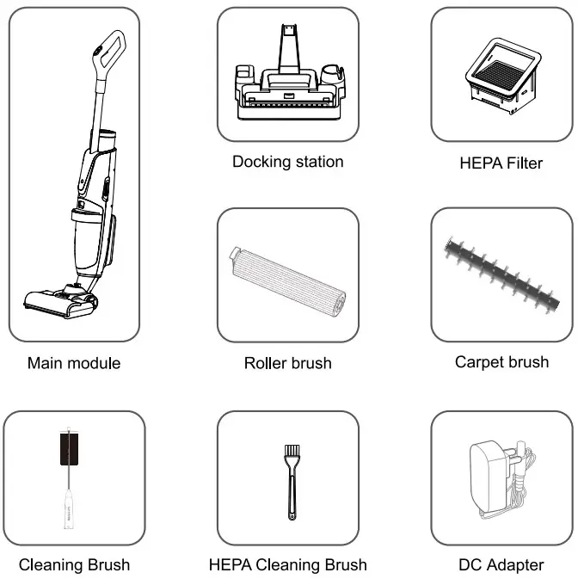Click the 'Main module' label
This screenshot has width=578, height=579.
pyautogui.click(x=74, y=363)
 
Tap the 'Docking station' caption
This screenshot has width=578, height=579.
pyautogui.click(x=287, y=162)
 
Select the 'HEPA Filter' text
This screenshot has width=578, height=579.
pyautogui.click(x=501, y=163)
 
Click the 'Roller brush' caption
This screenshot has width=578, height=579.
pyautogui.click(x=287, y=363)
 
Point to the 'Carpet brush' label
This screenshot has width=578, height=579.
pyautogui.click(x=501, y=362)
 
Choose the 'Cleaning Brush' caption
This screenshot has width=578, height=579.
pyautogui.click(x=74, y=565)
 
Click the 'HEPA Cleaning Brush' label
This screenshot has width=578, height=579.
pyautogui.click(x=287, y=565)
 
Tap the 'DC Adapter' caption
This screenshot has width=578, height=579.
pyautogui.click(x=501, y=565)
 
